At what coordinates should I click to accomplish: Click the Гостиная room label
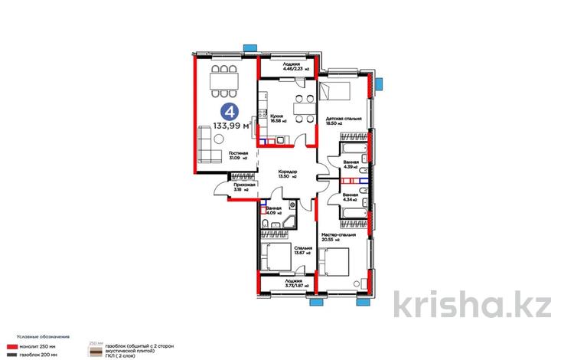click(x=237, y=155)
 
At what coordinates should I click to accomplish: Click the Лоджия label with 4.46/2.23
click(x=289, y=67)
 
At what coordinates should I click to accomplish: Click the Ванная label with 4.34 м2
click(x=351, y=197)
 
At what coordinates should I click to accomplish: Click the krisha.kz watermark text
click(x=472, y=305)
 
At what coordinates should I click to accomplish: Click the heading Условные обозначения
click(x=38, y=336)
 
